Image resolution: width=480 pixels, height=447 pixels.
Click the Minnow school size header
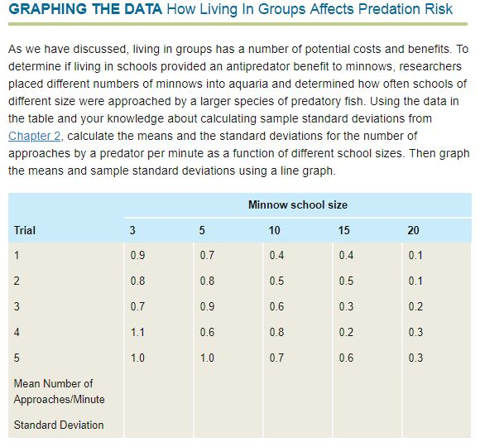point(297,204)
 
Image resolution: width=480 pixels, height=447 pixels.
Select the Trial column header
point(25,230)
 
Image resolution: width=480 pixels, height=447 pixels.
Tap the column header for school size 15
point(344,230)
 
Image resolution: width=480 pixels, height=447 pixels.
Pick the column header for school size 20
point(414,230)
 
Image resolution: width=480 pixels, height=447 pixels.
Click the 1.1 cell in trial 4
point(137,332)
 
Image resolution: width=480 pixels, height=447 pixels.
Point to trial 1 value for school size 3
point(137,255)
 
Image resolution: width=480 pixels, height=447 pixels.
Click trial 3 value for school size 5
point(207,306)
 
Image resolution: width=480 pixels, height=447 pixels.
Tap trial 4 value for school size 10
point(276,332)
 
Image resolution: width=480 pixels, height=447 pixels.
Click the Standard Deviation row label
point(59,425)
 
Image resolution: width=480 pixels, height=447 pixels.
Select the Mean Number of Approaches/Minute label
point(54,392)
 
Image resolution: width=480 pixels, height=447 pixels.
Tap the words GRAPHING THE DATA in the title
point(84,10)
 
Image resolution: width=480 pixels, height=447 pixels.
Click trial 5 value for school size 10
point(276,358)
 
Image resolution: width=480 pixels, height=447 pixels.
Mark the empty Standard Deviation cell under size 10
point(297,425)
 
